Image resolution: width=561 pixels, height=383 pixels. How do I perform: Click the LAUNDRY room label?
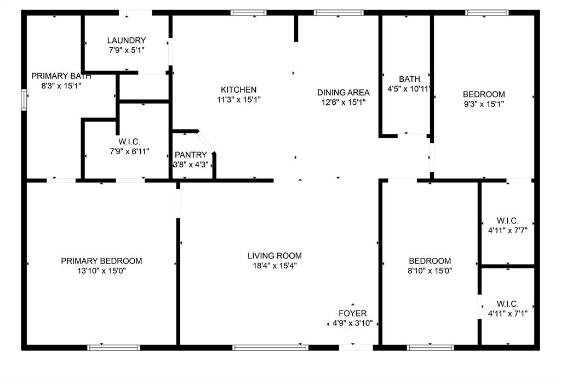(x=127, y=40)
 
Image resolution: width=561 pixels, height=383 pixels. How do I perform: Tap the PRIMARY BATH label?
(x=57, y=76)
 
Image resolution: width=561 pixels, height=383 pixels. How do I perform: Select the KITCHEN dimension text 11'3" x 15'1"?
(x=238, y=100)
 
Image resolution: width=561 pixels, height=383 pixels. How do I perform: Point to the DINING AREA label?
(x=344, y=92)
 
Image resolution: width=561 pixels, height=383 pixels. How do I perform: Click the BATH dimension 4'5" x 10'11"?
(x=409, y=88)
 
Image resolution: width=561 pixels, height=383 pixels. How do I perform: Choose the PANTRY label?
(x=191, y=155)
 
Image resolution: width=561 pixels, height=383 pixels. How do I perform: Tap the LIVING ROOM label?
(x=274, y=256)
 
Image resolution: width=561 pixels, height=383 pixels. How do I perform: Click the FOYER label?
(x=353, y=313)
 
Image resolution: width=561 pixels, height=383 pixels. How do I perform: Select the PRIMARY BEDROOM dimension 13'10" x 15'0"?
(x=101, y=271)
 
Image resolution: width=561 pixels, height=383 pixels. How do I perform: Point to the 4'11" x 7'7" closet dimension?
(x=507, y=230)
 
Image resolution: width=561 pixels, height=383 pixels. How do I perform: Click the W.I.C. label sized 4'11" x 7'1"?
(x=507, y=303)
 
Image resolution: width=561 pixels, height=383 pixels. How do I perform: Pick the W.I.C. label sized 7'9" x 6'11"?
(x=129, y=142)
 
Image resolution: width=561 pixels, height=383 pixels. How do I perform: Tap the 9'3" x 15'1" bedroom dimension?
(x=484, y=104)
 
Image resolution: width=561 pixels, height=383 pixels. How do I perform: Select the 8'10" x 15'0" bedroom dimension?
(x=430, y=271)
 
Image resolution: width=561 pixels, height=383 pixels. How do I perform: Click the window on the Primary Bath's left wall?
(x=24, y=100)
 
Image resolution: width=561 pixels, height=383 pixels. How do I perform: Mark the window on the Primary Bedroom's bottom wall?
(x=114, y=347)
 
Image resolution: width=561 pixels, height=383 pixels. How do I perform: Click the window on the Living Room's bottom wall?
(x=270, y=347)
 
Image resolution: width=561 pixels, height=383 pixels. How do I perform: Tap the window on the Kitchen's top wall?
(x=249, y=12)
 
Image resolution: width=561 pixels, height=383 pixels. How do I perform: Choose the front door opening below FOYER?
(x=356, y=347)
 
